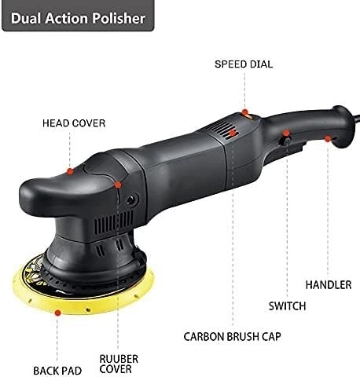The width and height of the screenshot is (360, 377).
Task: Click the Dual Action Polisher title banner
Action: pos(75,16)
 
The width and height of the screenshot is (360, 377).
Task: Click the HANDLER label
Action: pos(329,284)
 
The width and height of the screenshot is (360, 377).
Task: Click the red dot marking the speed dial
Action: pos(244,113)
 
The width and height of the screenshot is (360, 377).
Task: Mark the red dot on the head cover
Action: pos(72,170)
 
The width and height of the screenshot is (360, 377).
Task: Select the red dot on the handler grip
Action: pos(327,138)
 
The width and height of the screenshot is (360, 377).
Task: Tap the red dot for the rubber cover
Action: pos(118,185)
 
